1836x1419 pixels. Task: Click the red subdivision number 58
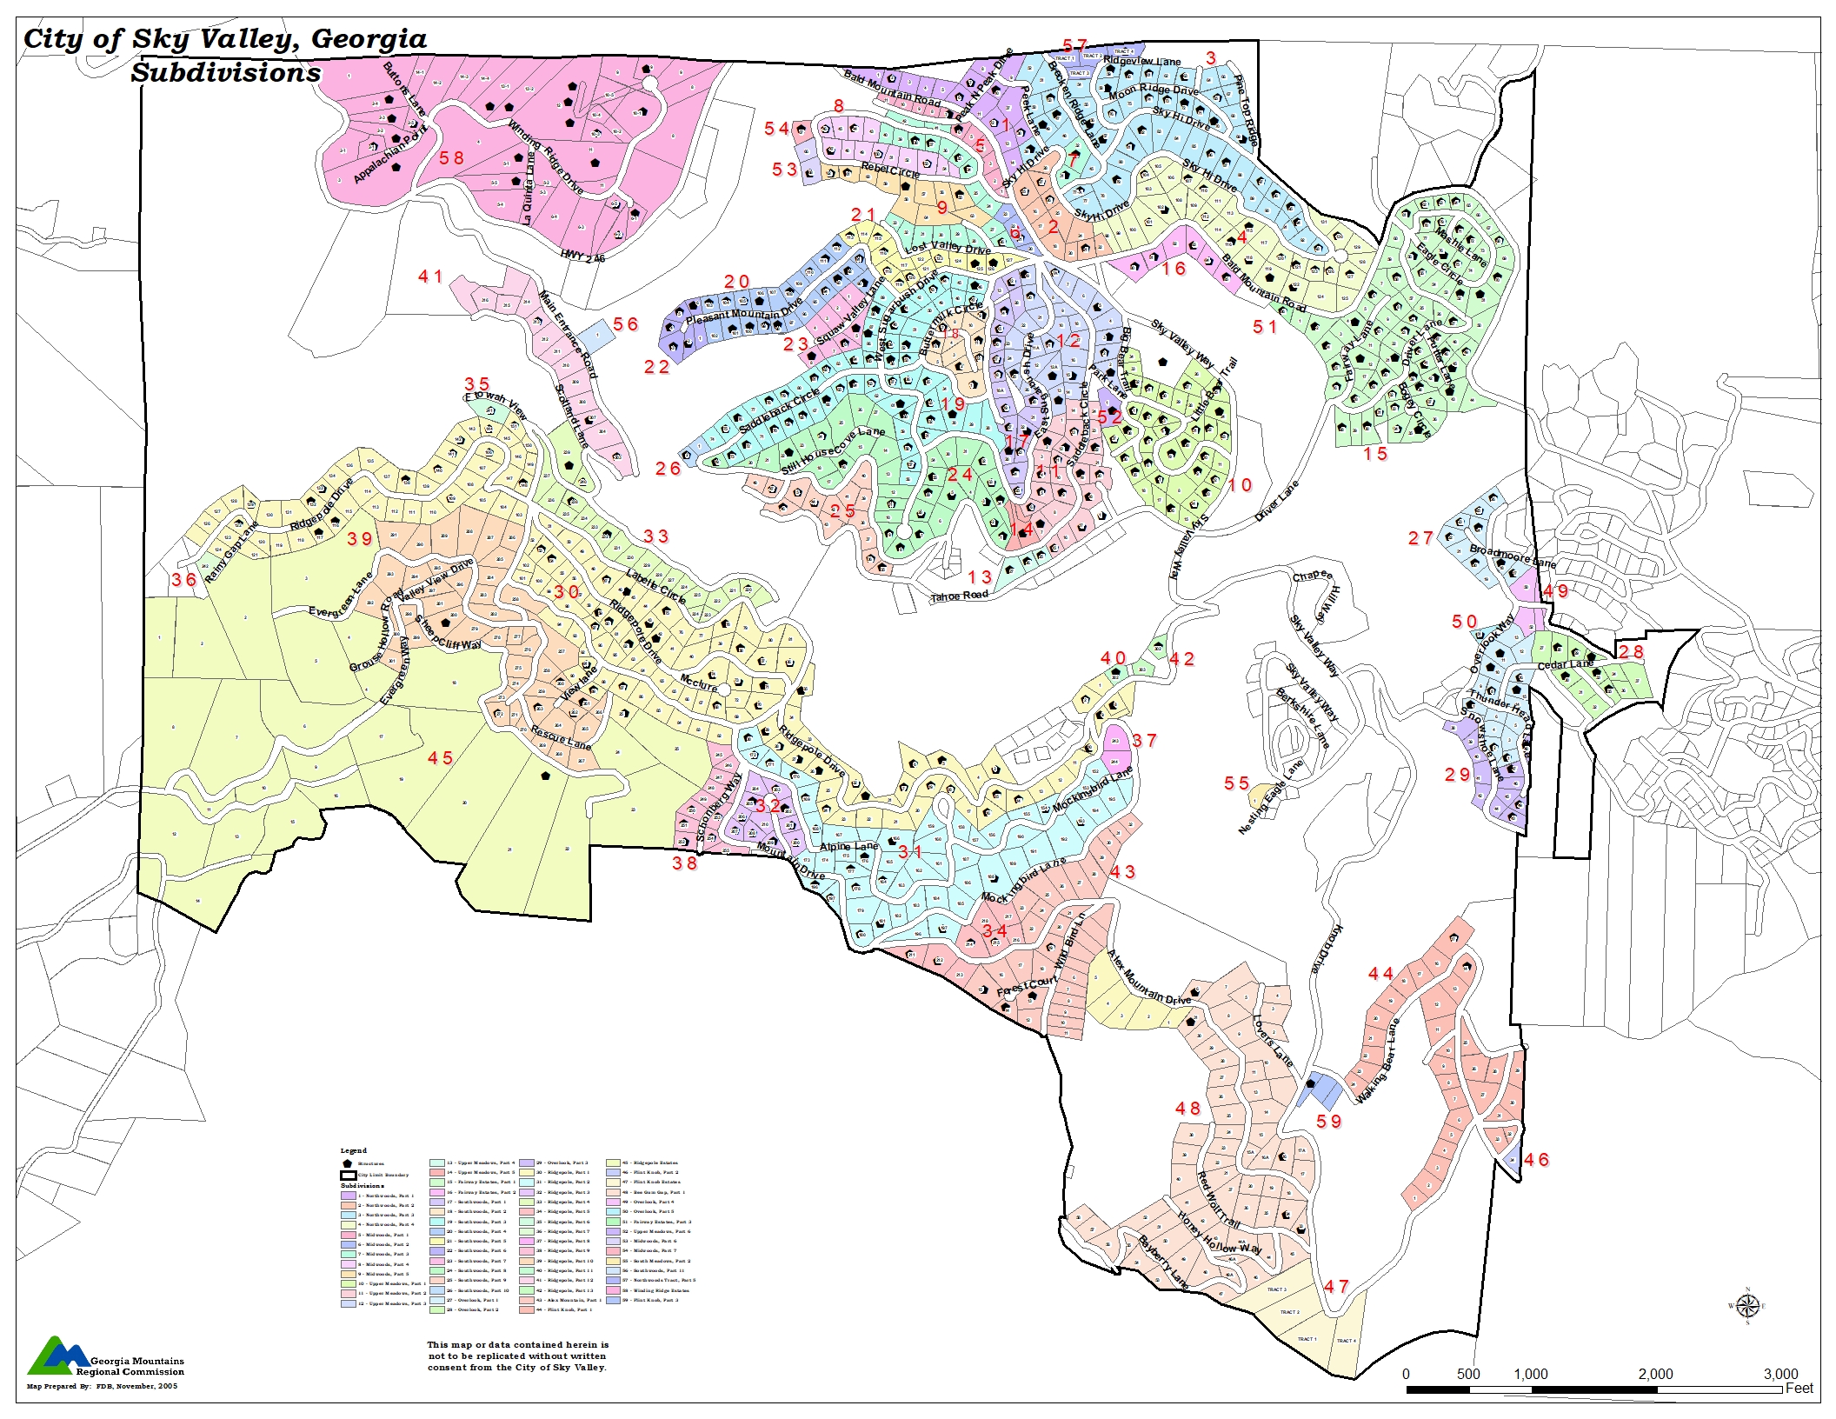pyautogui.click(x=451, y=158)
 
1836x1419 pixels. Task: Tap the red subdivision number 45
pyautogui.click(x=440, y=758)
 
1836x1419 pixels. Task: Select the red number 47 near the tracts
pyautogui.click(x=1336, y=1286)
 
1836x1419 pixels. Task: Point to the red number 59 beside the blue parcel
pyautogui.click(x=1329, y=1122)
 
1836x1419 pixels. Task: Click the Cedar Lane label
pyautogui.click(x=1565, y=665)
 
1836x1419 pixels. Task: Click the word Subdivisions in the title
pyautogui.click(x=226, y=73)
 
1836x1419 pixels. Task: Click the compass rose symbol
pyautogui.click(x=1748, y=1306)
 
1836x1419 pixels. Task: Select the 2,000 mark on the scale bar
pyautogui.click(x=1655, y=1374)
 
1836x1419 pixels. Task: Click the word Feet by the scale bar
pyautogui.click(x=1799, y=1388)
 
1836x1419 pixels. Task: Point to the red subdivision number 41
pyautogui.click(x=430, y=276)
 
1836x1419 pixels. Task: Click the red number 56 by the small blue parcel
pyautogui.click(x=625, y=324)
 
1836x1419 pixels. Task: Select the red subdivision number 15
pyautogui.click(x=1375, y=454)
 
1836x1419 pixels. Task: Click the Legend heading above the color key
pyautogui.click(x=353, y=1150)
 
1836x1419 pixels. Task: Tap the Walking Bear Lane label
pyautogui.click(x=1378, y=1063)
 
